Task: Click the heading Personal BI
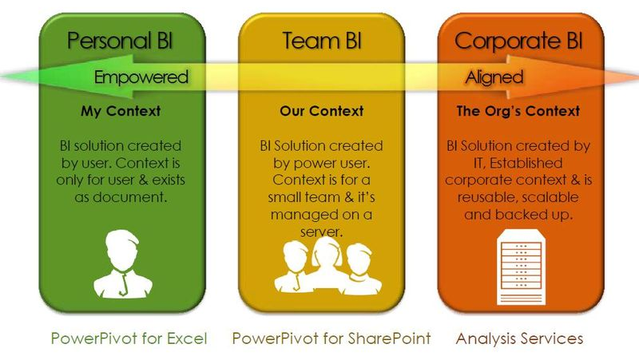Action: pos(120,41)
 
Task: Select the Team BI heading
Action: pos(322,41)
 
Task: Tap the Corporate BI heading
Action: pos(518,42)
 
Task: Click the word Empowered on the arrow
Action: pos(141,77)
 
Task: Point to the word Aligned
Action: pos(494,77)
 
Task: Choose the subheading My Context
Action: pos(121,111)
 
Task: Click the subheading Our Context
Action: pos(322,111)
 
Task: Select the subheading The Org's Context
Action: pos(518,111)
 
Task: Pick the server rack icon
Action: pos(522,267)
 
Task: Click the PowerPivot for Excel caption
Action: pos(129,338)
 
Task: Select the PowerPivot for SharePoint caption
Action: pos(331,338)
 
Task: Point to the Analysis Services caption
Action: pos(519,338)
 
